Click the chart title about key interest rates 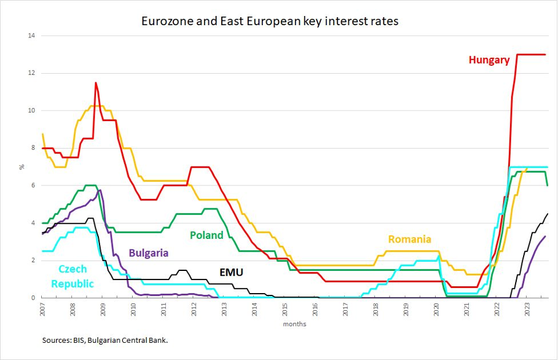point(270,21)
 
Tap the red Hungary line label point(489,60)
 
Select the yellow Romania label point(409,240)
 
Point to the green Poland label point(206,235)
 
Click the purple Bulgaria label point(148,252)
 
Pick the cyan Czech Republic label point(73,276)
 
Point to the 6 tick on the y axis point(32,186)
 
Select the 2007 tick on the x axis point(43,310)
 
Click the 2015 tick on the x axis point(285,310)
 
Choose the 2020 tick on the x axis point(436,310)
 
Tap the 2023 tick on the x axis point(527,310)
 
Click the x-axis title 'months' point(294,324)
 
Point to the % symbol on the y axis point(22,166)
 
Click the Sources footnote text point(104,339)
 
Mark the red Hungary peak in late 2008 point(96,83)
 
